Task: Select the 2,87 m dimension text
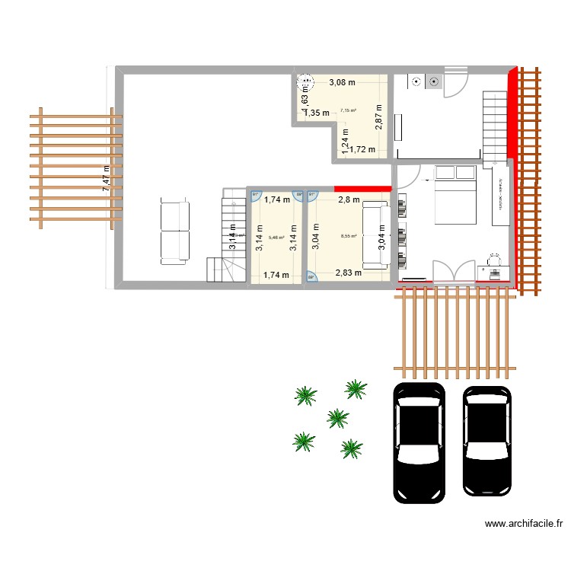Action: (378, 118)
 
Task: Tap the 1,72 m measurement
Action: (362, 149)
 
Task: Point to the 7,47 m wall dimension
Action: (107, 180)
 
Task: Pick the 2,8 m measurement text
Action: (349, 200)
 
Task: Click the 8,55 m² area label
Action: (349, 236)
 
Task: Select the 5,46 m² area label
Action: (276, 238)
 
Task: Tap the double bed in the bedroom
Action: (455, 194)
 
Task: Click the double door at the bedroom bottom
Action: (451, 272)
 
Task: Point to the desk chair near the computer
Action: (493, 260)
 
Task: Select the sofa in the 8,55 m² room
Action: (374, 234)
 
